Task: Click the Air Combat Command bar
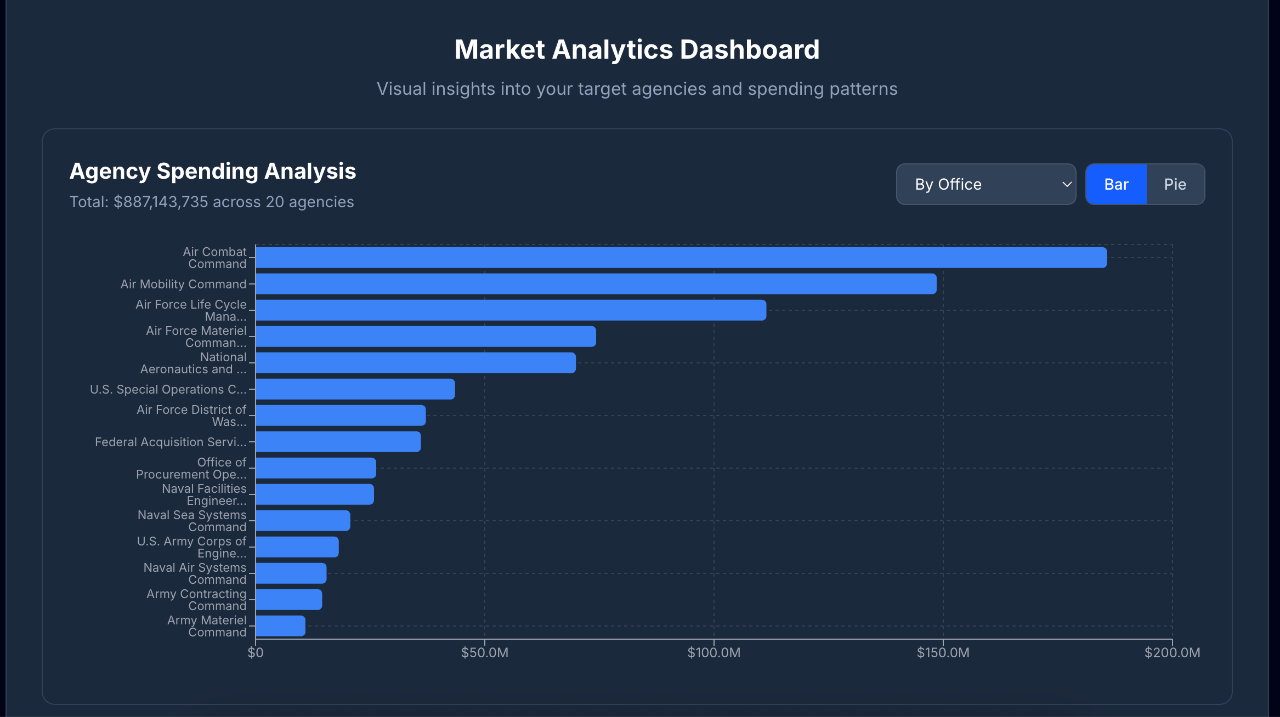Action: [681, 258]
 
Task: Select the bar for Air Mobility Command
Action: [596, 284]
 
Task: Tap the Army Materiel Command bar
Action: [280, 626]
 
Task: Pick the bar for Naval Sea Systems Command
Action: [303, 521]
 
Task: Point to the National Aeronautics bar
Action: [416, 363]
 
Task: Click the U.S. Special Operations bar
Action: [355, 389]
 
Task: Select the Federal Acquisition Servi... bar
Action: [338, 442]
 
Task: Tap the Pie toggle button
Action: [1175, 184]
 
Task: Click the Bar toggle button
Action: [1116, 184]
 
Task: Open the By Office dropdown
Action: [986, 184]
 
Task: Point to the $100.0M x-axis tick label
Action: [713, 653]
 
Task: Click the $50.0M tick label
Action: [484, 653]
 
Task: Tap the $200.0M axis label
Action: [1172, 653]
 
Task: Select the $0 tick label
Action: [255, 653]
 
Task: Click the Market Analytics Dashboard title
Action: [637, 49]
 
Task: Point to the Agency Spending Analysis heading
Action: [212, 171]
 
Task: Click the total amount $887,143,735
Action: [161, 202]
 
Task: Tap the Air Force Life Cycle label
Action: [191, 310]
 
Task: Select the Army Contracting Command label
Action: [196, 600]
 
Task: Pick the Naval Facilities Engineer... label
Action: [204, 494]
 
